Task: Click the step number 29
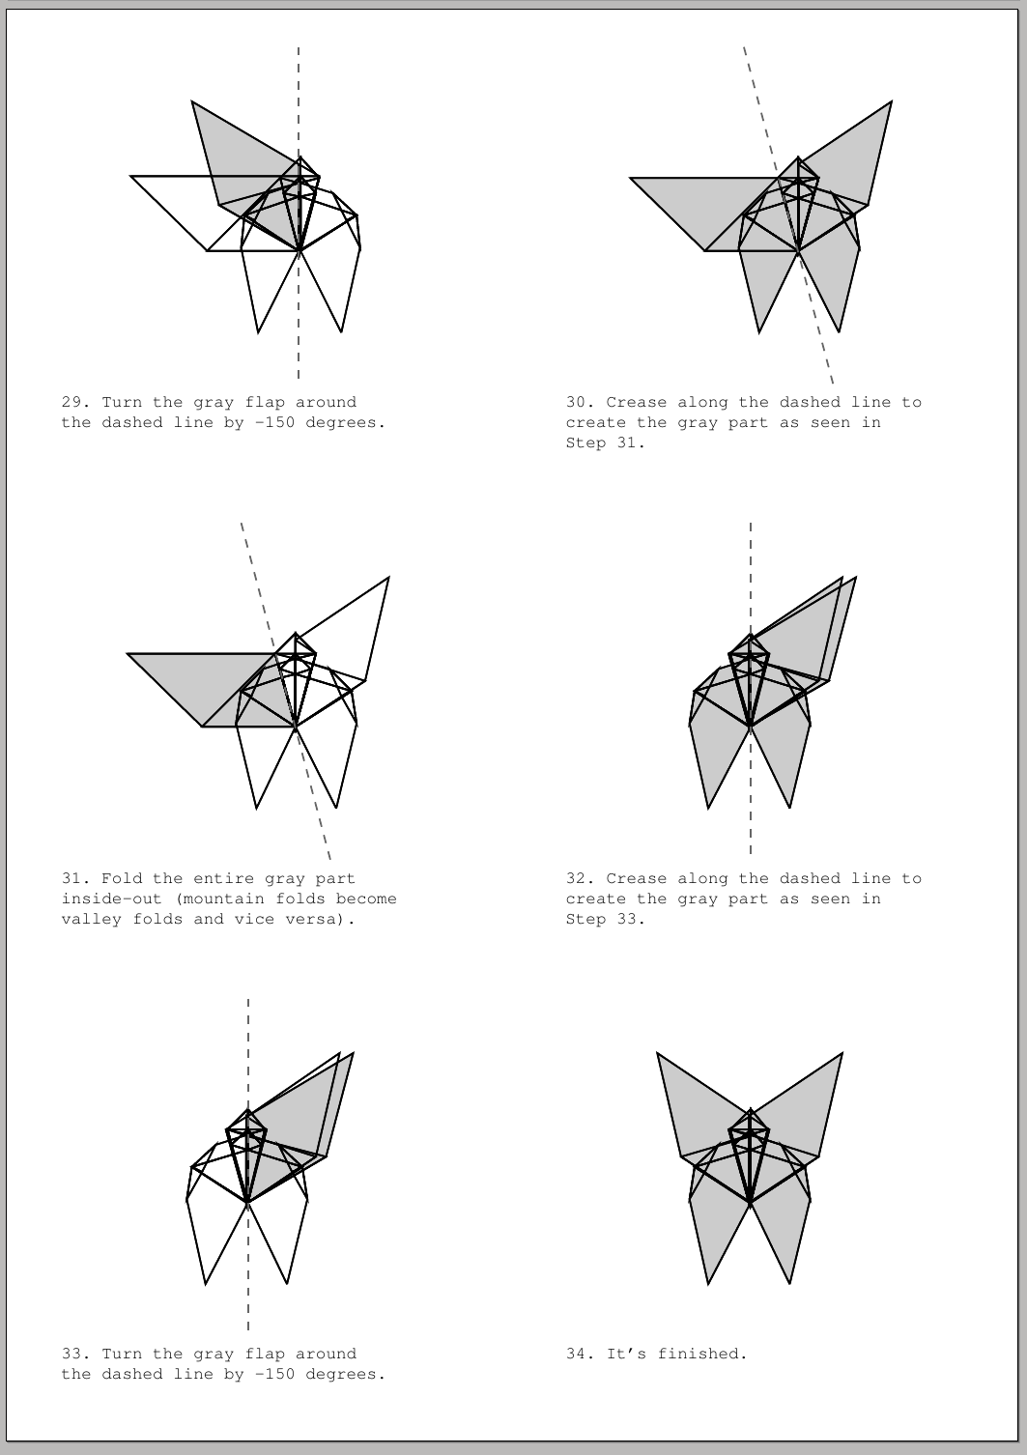[73, 403]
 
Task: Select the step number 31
[73, 879]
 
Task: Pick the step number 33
[73, 1355]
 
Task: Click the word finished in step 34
[702, 1355]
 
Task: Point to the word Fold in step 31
[122, 879]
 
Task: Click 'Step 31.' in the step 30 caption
[606, 443]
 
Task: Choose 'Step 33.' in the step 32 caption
[606, 920]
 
